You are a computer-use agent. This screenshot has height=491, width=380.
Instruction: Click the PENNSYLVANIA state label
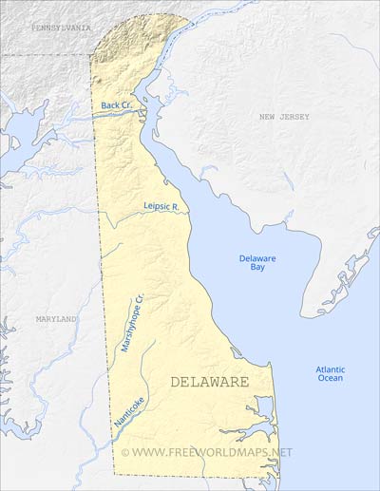(61, 28)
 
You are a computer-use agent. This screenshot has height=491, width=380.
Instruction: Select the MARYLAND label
(56, 320)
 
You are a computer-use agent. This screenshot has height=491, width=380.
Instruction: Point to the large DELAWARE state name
(209, 382)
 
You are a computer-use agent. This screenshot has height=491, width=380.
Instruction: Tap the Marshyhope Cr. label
(131, 323)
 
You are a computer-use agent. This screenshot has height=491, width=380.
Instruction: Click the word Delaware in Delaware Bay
(256, 258)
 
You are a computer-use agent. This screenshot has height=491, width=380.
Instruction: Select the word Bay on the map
(256, 271)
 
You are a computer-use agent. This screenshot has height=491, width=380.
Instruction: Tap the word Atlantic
(331, 370)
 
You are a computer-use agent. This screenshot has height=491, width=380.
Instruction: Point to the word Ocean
(331, 379)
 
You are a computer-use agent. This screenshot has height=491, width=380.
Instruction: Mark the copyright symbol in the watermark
(139, 452)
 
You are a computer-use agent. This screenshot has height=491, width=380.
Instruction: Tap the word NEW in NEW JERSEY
(269, 117)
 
